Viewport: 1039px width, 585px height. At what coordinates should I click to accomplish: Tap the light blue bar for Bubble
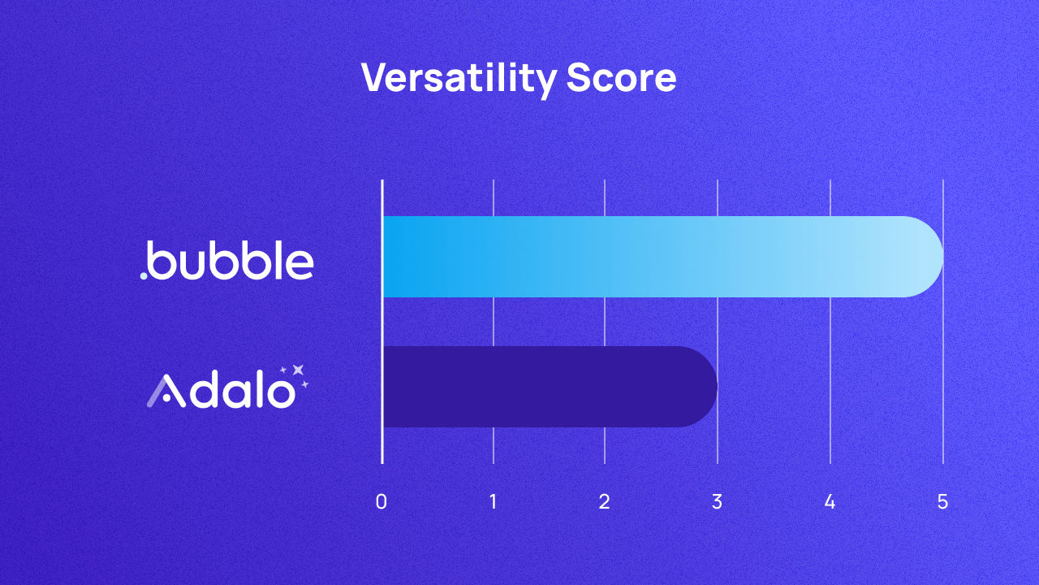[x=649, y=257]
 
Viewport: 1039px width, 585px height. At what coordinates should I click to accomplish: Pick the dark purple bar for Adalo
[x=544, y=387]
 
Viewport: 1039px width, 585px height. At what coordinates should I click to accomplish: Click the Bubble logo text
[x=231, y=261]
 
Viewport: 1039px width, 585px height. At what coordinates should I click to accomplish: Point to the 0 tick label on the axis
[x=382, y=502]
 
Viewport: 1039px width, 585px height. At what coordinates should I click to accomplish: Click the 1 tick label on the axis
[x=494, y=502]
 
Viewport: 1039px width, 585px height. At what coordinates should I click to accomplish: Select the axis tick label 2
[x=605, y=502]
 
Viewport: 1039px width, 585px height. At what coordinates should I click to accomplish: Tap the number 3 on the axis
[x=717, y=502]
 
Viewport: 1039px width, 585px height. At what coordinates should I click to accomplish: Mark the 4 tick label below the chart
[x=830, y=502]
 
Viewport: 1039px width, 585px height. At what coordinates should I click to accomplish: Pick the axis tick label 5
[x=942, y=502]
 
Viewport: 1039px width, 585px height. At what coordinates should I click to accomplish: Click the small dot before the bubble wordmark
[x=144, y=275]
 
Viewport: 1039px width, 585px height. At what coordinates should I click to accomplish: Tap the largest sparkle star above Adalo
[x=298, y=370]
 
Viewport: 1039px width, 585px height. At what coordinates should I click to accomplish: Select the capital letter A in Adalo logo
[x=163, y=391]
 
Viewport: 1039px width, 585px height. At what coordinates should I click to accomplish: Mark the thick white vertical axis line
[x=382, y=325]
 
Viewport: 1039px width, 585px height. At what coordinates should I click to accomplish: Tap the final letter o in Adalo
[x=280, y=394]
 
